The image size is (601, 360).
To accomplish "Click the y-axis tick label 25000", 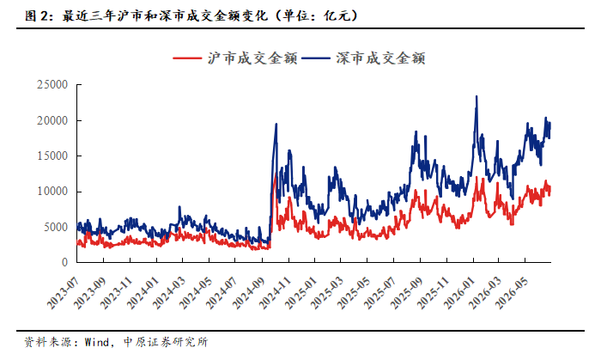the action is pos(52,85).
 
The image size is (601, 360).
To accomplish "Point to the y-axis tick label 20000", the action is pos(52,120).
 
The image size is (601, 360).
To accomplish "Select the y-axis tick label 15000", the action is pos(52,156).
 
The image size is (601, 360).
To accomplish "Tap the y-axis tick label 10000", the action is pos(52,192).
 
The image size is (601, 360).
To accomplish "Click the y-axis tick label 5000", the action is pos(56,227).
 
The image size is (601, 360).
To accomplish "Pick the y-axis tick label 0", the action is pos(64,262).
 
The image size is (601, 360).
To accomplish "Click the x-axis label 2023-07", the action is pos(63,293).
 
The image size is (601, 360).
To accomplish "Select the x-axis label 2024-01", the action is pos(143,293).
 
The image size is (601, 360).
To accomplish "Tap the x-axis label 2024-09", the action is pos(248,293).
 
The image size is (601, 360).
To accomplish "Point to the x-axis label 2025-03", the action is pos(326,293).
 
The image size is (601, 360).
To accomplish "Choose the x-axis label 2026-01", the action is pos(458,293).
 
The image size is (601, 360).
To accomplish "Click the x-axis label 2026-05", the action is pos(511,293).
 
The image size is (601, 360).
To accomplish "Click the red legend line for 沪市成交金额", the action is pos(187,58).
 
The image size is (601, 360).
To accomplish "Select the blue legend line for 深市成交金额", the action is pos(316,58).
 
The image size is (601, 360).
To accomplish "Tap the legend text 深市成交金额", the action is pos(380,58).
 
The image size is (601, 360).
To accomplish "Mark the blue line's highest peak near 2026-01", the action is pos(477,96).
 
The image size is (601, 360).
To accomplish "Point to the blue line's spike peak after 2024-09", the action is pos(276,124).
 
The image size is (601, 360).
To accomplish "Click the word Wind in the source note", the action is pos(96,342).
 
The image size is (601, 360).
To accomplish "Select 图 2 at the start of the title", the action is pos(36,15).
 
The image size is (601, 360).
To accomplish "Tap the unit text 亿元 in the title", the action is pos(337,15).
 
